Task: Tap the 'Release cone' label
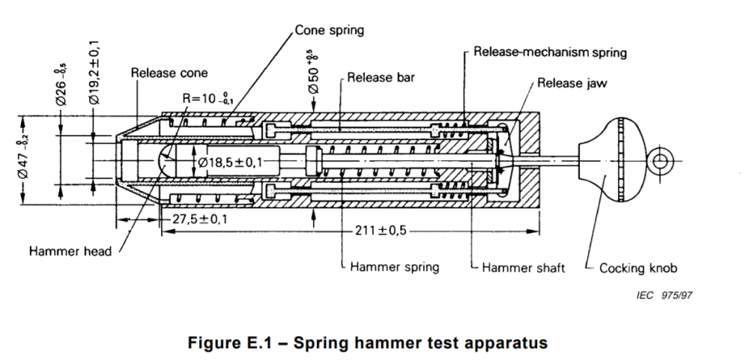169,73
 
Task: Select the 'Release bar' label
380,76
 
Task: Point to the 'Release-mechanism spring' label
550,53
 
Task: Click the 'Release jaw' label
571,82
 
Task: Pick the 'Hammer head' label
70,251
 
